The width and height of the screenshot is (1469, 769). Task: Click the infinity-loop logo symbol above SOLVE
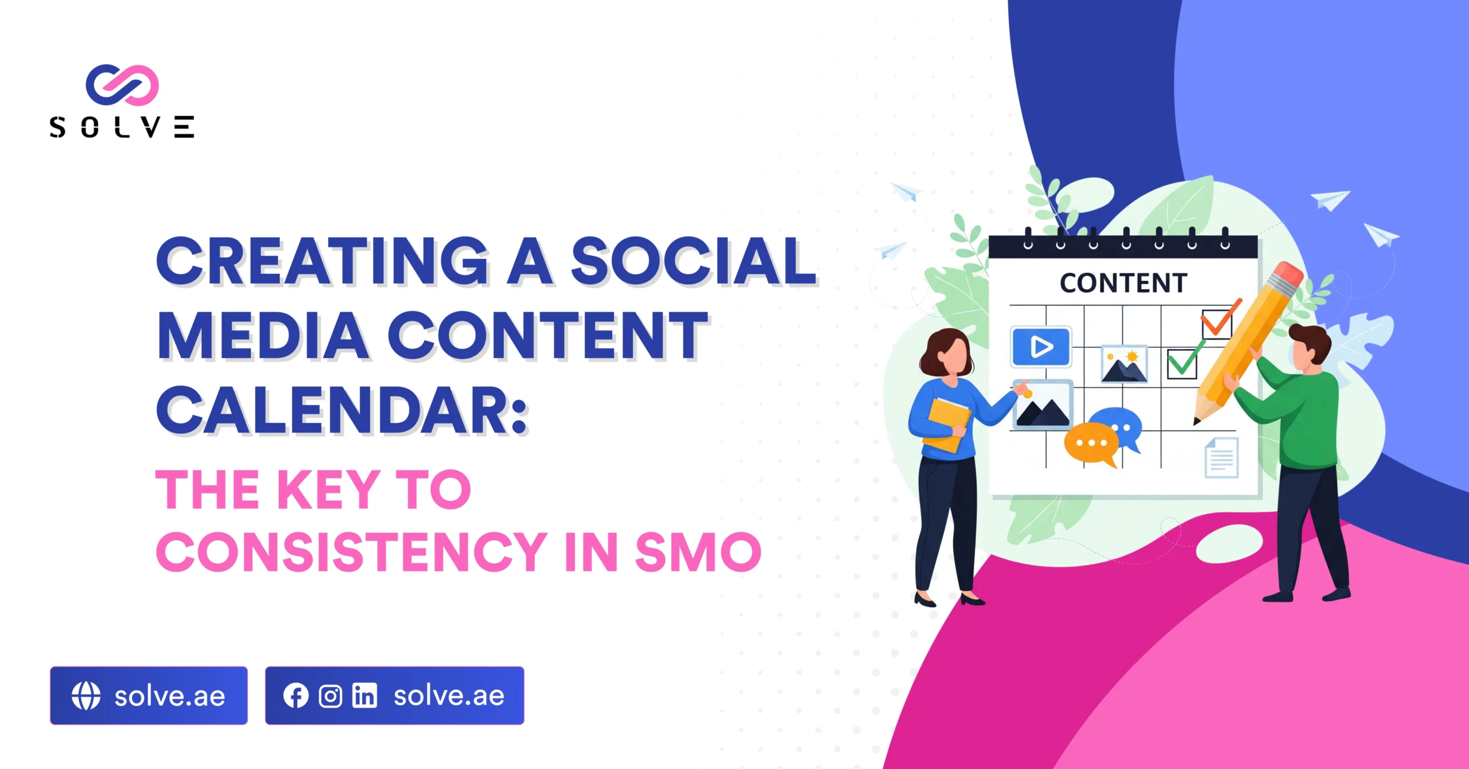click(122, 85)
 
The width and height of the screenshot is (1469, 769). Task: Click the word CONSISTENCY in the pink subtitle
click(351, 551)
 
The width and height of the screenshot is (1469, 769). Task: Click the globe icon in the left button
click(86, 696)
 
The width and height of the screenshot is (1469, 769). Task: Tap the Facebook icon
click(296, 696)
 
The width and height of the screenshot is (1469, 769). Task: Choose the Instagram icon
click(331, 696)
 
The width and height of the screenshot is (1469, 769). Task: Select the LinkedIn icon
click(365, 696)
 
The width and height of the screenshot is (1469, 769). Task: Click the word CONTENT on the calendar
click(1123, 283)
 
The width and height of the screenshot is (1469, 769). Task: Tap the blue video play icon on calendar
click(1041, 347)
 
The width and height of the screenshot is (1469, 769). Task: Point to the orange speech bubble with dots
click(1091, 444)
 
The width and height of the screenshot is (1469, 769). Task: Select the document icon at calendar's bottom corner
click(1221, 457)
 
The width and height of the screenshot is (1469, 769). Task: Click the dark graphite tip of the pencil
click(1197, 422)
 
